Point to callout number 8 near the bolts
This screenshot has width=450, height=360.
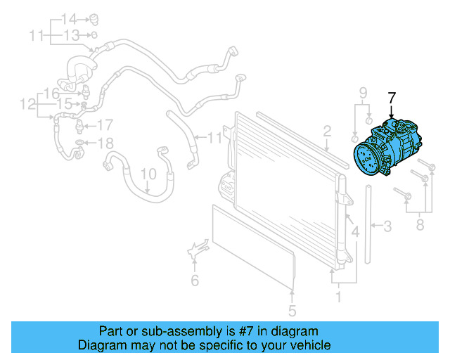tap(420, 225)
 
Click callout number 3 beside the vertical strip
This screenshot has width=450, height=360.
tap(387, 226)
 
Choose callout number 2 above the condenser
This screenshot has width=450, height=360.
tap(327, 130)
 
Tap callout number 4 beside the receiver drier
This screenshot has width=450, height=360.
tap(355, 231)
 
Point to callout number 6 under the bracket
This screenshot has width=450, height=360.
tap(195, 281)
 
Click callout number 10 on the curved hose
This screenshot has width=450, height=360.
tap(148, 172)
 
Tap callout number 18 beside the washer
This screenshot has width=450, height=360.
tap(104, 144)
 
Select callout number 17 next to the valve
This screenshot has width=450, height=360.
tap(104, 126)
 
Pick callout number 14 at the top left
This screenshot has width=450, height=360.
tap(69, 18)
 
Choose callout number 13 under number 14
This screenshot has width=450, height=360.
tap(72, 34)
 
